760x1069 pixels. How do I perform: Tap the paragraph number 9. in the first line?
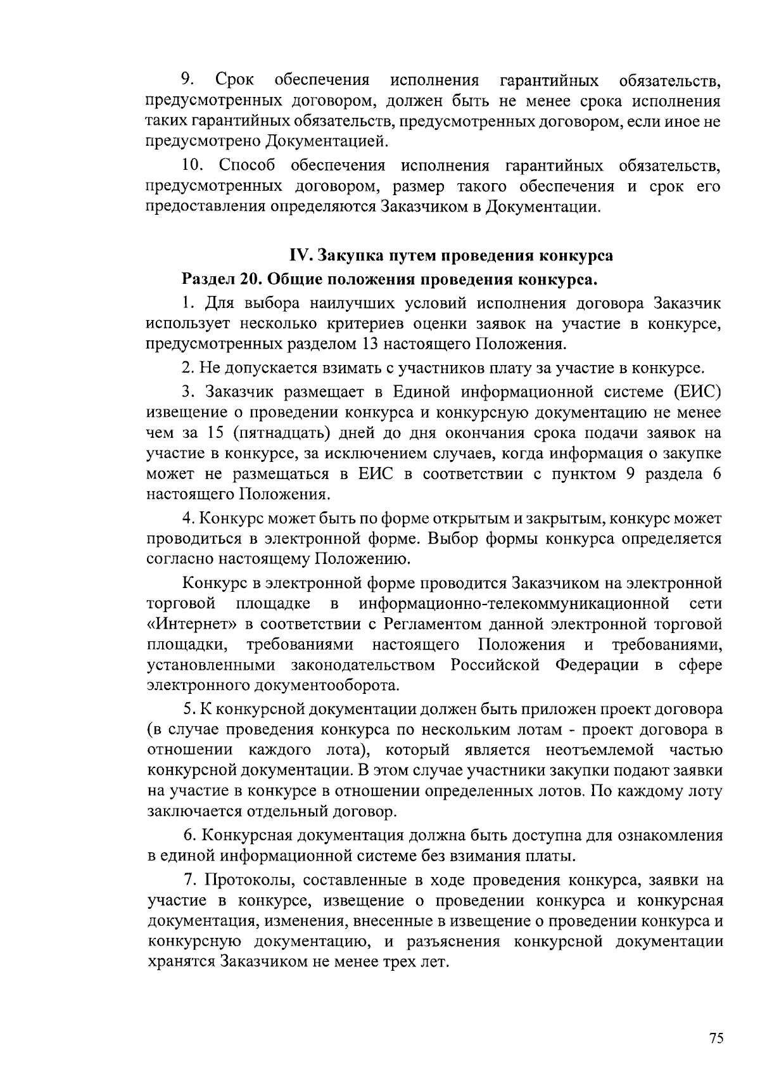pos(187,80)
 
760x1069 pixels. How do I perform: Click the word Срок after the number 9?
pos(235,80)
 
